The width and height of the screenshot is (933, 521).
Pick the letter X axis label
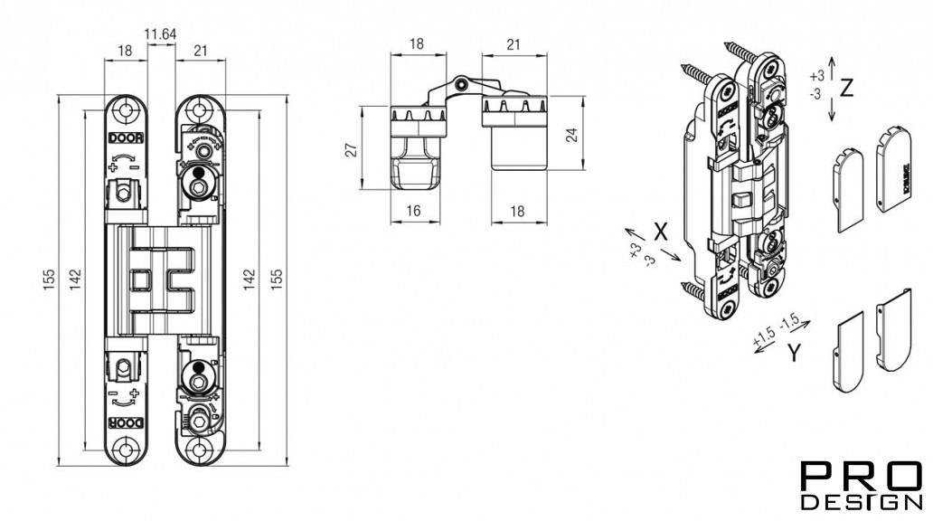click(660, 231)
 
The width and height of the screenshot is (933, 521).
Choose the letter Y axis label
click(793, 354)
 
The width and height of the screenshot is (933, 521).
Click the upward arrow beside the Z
click(832, 65)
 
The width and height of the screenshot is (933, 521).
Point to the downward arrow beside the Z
click(832, 112)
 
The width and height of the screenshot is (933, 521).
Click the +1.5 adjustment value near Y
click(764, 337)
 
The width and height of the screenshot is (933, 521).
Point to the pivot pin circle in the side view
click(461, 84)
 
